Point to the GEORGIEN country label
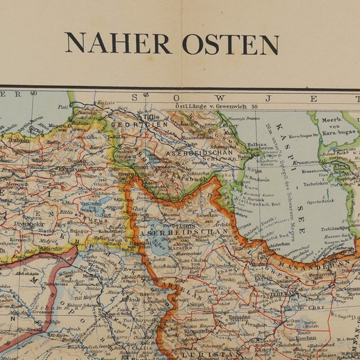coord(131,125)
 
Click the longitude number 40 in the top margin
coord(33,94)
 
